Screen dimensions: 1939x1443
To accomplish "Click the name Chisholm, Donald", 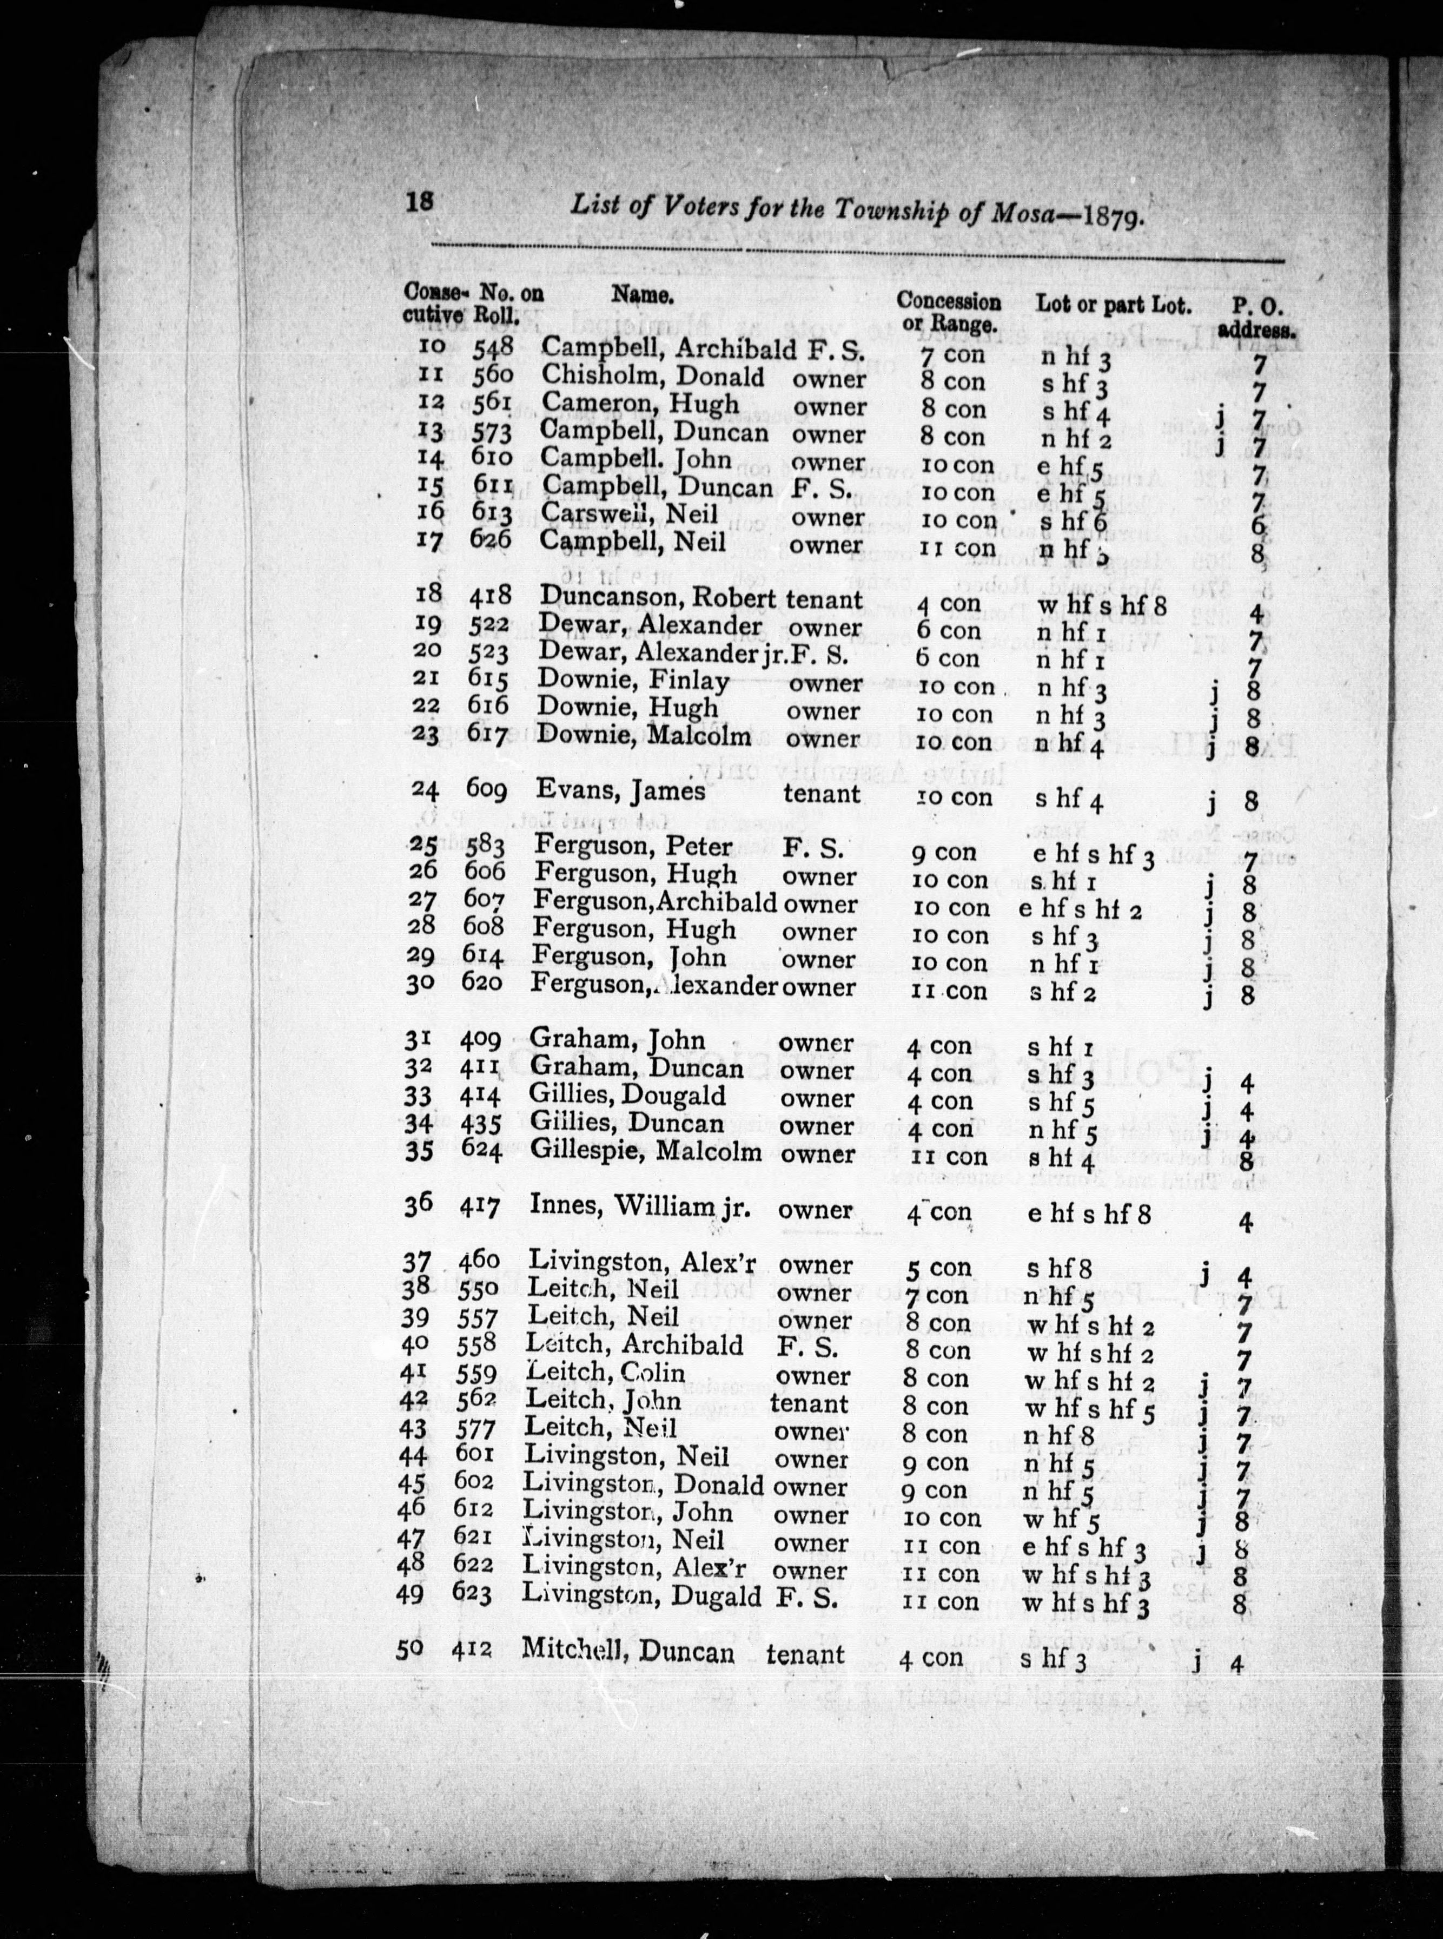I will (x=652, y=378).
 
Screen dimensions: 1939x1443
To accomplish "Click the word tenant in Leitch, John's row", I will (x=810, y=1402).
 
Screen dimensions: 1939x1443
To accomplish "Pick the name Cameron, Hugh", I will (x=639, y=405).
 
